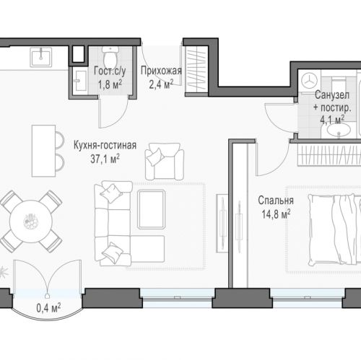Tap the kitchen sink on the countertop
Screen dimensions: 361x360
click(41, 57)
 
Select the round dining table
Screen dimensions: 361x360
click(31, 221)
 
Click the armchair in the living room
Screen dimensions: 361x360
click(165, 162)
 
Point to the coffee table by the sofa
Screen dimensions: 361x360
click(152, 209)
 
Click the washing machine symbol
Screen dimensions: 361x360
click(309, 81)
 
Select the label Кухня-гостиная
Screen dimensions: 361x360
click(105, 146)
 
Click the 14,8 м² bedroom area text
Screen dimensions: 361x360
click(276, 214)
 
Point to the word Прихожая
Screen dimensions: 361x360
click(161, 71)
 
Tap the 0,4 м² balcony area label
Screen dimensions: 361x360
click(48, 307)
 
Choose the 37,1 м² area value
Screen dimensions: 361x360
click(105, 159)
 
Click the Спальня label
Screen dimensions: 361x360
click(276, 201)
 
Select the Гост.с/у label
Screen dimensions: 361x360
click(110, 71)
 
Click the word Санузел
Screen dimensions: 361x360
click(332, 95)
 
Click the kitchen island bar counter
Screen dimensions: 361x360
click(44, 151)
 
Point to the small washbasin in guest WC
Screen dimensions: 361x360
click(80, 81)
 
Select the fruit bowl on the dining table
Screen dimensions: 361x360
click(31, 221)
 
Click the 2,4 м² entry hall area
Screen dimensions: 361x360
click(161, 84)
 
